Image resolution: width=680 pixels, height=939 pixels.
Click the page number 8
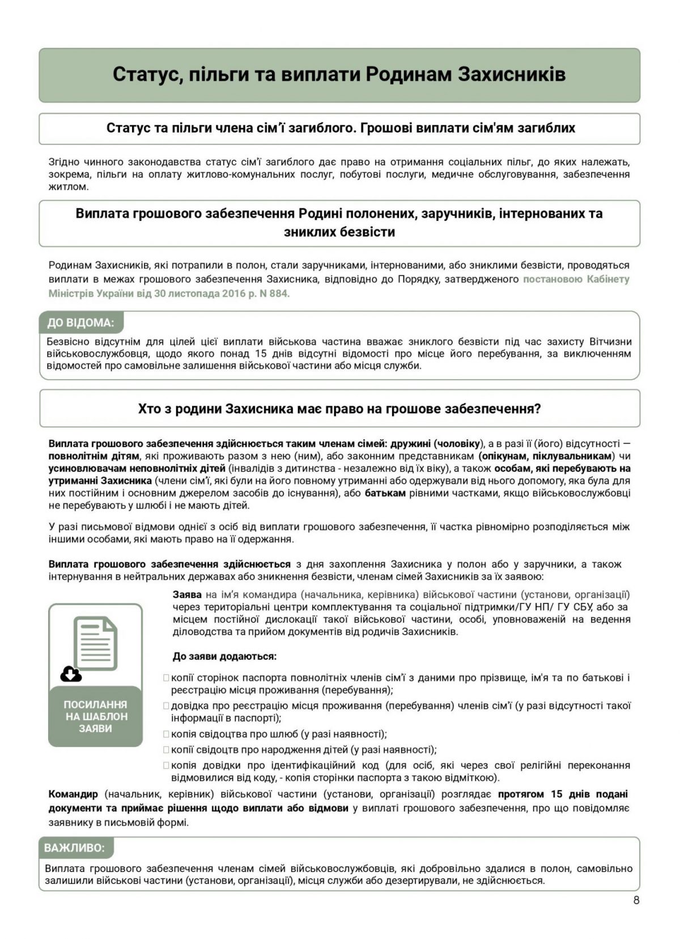click(636, 900)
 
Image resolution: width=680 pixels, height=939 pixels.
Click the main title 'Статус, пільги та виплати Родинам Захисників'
click(339, 75)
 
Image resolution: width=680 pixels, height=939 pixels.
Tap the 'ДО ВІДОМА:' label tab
click(80, 323)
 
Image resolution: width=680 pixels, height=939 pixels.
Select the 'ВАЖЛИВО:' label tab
click(74, 848)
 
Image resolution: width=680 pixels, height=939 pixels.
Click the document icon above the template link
click(96, 643)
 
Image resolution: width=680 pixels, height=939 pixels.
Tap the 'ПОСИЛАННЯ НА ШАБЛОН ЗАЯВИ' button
click(95, 716)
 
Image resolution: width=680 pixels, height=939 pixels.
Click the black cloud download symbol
click(71, 674)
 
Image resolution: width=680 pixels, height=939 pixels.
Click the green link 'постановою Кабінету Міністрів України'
click(576, 279)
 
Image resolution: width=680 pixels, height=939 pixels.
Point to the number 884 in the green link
click(279, 294)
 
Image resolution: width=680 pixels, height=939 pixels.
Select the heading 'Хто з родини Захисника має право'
click(339, 409)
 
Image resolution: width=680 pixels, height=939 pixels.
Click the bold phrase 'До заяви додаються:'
click(224, 656)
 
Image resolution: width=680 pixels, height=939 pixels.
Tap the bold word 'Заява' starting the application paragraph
click(187, 594)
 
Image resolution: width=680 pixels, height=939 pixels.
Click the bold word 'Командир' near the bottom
click(73, 794)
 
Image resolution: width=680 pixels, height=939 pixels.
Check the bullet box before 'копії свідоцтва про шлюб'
click(166, 734)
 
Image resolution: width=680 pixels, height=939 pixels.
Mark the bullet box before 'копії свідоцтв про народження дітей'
click(166, 750)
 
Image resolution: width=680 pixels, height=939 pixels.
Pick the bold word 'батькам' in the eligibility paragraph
click(385, 493)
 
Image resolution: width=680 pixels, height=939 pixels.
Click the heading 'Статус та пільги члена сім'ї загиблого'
click(340, 128)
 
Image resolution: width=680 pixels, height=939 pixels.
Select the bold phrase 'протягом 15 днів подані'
click(562, 794)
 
